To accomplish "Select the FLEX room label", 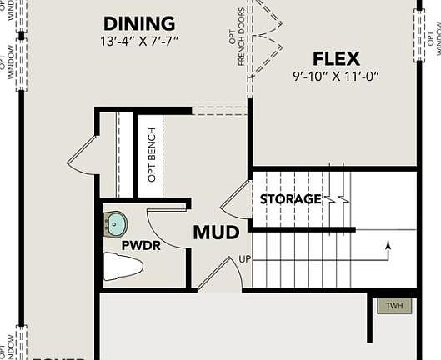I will pyautogui.click(x=336, y=59).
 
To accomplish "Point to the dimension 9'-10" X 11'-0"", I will pyautogui.click(x=336, y=77).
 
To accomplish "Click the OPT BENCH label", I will pyautogui.click(x=152, y=155).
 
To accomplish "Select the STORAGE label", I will pyautogui.click(x=290, y=199).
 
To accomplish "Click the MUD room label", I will pyautogui.click(x=217, y=232).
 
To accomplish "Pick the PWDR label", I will pyautogui.click(x=140, y=246).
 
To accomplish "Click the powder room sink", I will pyautogui.click(x=116, y=222).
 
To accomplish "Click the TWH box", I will pyautogui.click(x=394, y=306).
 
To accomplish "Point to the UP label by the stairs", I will pyautogui.click(x=244, y=258).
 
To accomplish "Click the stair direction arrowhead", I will pyautogui.click(x=387, y=244).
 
